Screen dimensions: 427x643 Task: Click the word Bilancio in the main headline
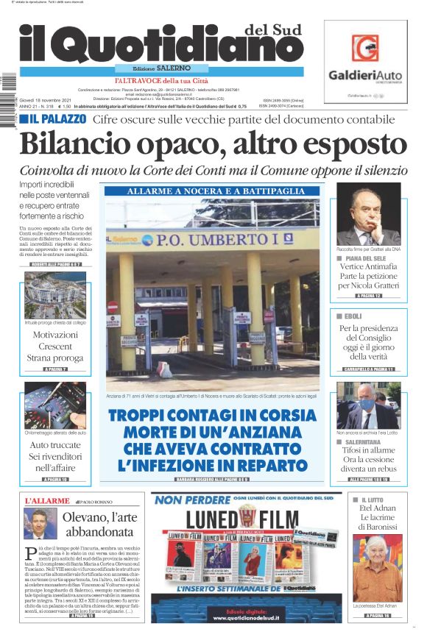click(77, 144)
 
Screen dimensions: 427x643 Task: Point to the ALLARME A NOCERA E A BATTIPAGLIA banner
click(216, 191)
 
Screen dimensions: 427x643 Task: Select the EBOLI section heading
click(353, 316)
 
